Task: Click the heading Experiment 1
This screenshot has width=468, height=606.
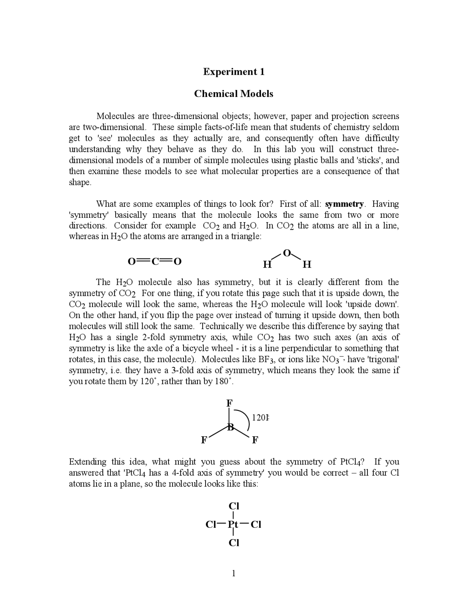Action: [x=234, y=72]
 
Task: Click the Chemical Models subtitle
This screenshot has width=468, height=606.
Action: [x=234, y=94]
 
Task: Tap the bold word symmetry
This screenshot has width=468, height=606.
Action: [x=344, y=204]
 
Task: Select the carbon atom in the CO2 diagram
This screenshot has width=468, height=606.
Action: [x=155, y=262]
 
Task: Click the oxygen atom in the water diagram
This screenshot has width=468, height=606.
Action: [x=287, y=253]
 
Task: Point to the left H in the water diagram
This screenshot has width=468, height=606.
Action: [x=267, y=264]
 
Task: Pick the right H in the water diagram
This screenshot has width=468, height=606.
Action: [x=307, y=264]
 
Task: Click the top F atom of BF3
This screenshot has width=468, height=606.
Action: [x=229, y=403]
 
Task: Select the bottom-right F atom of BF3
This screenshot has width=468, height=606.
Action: [x=255, y=440]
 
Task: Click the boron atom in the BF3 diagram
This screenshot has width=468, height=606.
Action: [x=230, y=427]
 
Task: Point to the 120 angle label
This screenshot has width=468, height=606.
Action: [x=260, y=418]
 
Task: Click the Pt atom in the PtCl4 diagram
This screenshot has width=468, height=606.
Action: [x=233, y=525]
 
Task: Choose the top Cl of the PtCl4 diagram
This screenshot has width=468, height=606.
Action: [x=234, y=506]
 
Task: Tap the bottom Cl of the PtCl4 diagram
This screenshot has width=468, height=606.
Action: [x=234, y=543]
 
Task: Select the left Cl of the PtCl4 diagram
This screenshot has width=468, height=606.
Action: [x=211, y=525]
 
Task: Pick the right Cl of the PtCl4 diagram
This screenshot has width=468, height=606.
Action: [x=256, y=525]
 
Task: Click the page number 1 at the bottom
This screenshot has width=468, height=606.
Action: [x=234, y=573]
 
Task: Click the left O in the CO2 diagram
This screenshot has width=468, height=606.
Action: [x=132, y=262]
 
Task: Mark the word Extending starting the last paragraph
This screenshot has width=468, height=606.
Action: [x=88, y=462]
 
